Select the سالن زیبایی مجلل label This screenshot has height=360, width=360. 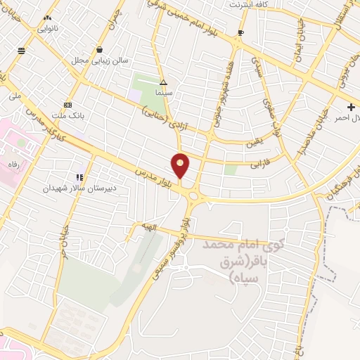(x=99, y=61)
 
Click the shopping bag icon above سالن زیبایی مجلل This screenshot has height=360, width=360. (x=100, y=50)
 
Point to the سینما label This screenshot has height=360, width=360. (x=164, y=92)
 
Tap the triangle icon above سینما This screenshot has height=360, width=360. (x=163, y=82)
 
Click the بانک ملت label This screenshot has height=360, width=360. (x=67, y=115)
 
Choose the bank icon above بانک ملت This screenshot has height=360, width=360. (x=67, y=103)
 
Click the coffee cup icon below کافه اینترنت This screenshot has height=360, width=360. (x=241, y=32)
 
